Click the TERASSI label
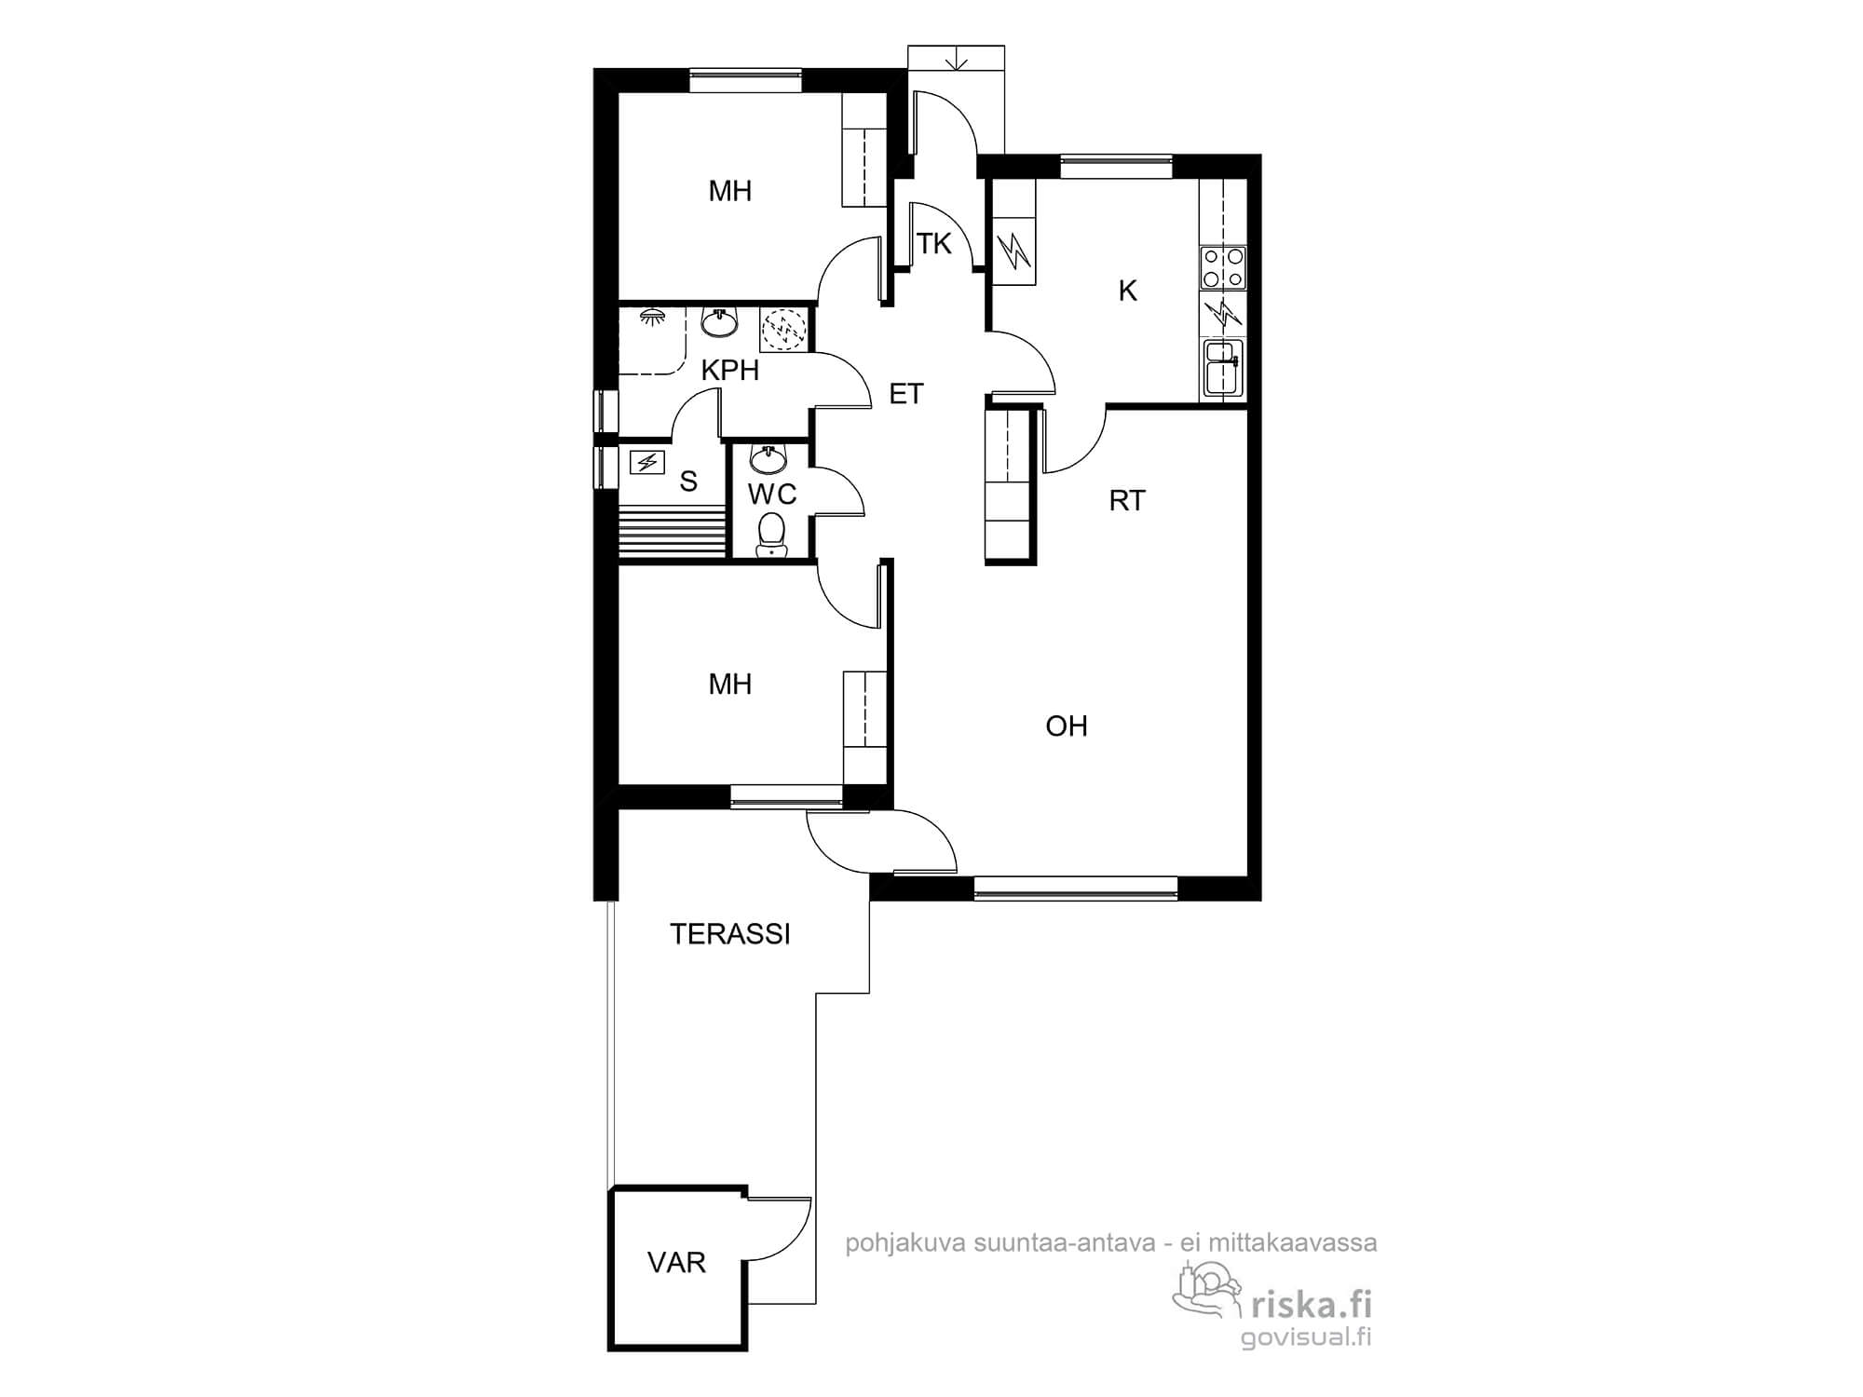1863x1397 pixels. pos(730,934)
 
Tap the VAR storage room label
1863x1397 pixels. pos(676,1263)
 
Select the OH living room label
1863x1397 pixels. pos(1067,726)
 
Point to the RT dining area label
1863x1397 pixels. pos(1127,501)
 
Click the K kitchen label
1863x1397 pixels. pos(1127,292)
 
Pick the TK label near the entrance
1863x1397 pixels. pos(934,244)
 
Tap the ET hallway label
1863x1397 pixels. pos(906,394)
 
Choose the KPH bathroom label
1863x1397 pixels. pos(730,371)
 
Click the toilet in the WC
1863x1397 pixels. pos(770,535)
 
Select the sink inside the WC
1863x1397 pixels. pos(769,459)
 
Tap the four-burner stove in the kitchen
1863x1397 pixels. pos(1223,266)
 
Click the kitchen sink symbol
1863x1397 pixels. pos(1223,368)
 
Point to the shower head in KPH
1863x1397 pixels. pos(650,318)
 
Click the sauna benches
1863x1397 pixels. pos(672,533)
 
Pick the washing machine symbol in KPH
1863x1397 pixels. pos(783,330)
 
